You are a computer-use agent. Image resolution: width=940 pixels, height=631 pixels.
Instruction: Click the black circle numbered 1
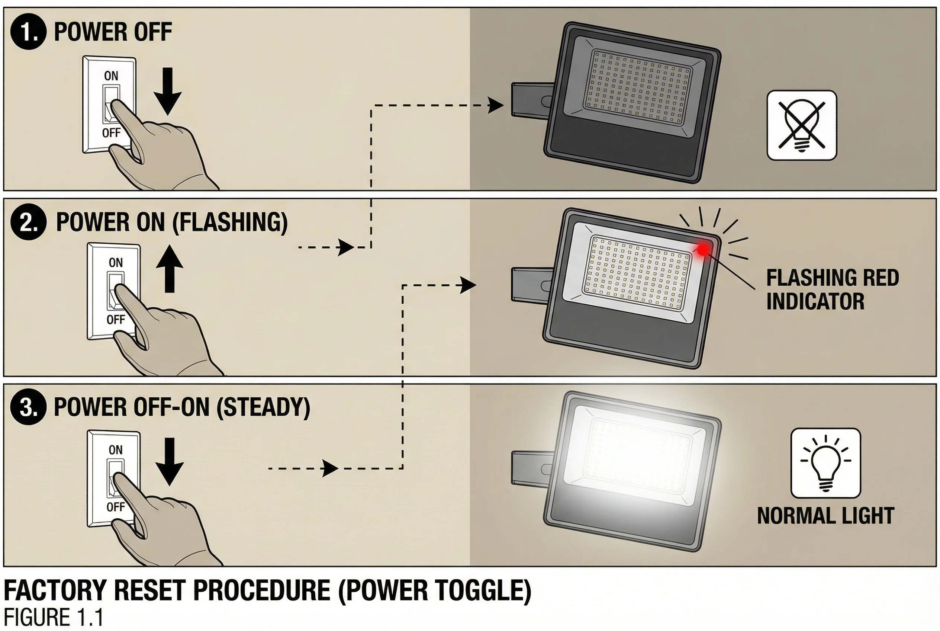pos(28,31)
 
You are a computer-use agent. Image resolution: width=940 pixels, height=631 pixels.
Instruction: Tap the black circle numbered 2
pos(28,222)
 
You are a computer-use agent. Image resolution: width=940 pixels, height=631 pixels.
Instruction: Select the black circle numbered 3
pos(28,407)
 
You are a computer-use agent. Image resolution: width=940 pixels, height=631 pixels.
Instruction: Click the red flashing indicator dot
pos(704,250)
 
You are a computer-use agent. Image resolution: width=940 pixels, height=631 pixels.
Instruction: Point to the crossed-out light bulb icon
pos(801,125)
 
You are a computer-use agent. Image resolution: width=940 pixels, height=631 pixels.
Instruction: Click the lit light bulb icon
pos(825,463)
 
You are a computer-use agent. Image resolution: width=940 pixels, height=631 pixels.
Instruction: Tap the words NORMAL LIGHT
pos(825,516)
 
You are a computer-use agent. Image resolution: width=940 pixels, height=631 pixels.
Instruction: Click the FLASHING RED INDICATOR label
pos(832,289)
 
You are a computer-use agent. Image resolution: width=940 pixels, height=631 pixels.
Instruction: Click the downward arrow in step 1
pos(168,92)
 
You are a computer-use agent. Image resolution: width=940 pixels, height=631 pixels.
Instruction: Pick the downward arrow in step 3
pos(170,462)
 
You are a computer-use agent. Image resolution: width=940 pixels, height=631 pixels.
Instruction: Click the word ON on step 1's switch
pos(111,76)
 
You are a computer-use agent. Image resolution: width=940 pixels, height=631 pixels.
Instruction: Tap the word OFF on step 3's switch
pos(115,507)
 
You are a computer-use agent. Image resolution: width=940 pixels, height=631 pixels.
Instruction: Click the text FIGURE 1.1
pos(53,617)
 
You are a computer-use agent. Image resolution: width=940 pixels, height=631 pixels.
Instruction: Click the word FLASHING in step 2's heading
pos(230,222)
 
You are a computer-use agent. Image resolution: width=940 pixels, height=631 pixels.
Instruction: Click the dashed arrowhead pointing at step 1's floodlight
pos(496,105)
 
